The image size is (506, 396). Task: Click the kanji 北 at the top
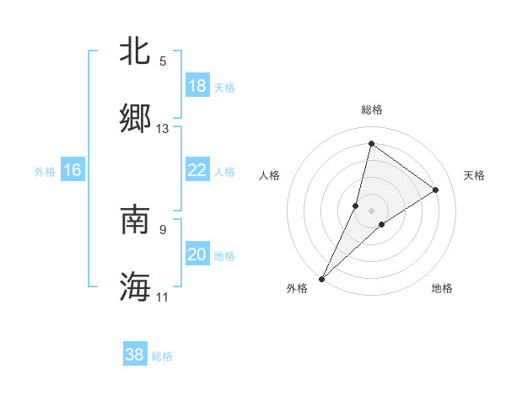coord(135,51)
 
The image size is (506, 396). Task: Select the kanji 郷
coord(135,119)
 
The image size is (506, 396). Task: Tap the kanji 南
coord(135,220)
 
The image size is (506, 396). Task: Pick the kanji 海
coord(135,286)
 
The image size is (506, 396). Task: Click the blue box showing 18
coord(196,86)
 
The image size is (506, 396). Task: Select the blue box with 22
coord(196,170)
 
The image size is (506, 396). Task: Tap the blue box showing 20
coord(196,254)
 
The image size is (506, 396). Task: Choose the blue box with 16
coord(73,170)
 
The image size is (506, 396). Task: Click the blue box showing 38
coord(135,355)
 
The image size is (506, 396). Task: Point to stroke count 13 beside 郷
coord(163,129)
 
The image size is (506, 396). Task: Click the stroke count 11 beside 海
coord(163,297)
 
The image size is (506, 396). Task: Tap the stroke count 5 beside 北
coord(163,62)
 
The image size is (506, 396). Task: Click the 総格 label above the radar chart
coord(372,110)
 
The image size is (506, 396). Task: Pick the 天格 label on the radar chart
coord(474,175)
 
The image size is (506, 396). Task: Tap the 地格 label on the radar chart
coord(442,289)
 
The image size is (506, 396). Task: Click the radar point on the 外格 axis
coord(322,278)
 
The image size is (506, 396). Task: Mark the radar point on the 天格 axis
coord(436,190)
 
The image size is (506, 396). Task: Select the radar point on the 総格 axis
coord(371,144)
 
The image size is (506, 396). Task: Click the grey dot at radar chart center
coord(371,210)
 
